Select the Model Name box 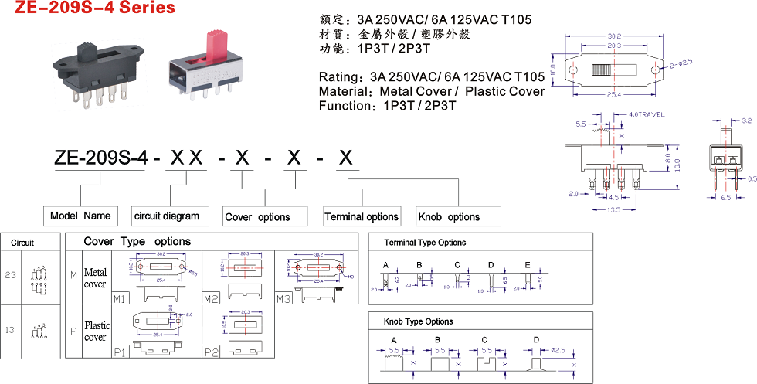click(80, 216)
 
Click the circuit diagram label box click(166, 216)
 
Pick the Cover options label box click(258, 217)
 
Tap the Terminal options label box click(362, 216)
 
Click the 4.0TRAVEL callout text click(647, 114)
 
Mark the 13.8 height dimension click(678, 165)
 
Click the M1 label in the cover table click(120, 298)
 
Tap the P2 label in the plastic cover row click(210, 352)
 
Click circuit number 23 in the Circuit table click(10, 274)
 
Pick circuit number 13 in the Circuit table click(10, 331)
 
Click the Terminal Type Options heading click(425, 243)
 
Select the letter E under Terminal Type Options click(528, 265)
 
